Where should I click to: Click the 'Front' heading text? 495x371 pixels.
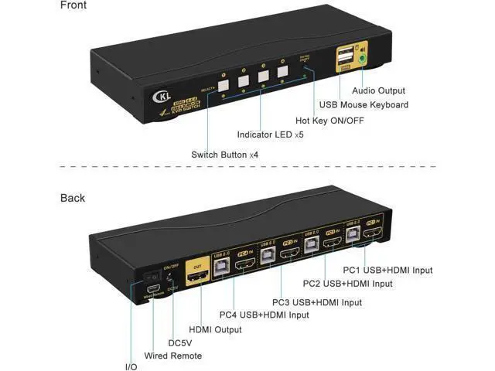click(x=74, y=6)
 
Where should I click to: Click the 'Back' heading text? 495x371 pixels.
click(x=73, y=198)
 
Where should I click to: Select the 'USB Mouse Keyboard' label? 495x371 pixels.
click(x=364, y=104)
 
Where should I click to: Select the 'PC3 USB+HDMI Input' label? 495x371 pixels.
click(x=317, y=302)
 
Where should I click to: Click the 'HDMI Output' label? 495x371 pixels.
click(x=215, y=329)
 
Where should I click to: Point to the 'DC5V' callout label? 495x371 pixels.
click(x=179, y=342)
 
